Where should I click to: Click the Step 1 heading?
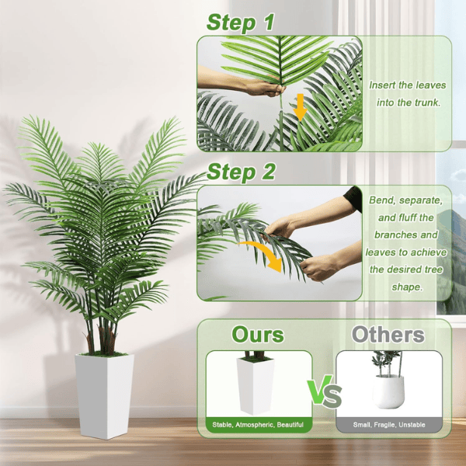click(x=240, y=23)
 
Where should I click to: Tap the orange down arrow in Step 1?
click(x=300, y=106)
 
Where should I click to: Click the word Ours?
click(x=258, y=335)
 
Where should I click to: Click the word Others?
click(x=388, y=335)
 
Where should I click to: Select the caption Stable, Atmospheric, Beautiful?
click(x=259, y=425)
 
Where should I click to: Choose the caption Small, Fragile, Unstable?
click(x=389, y=425)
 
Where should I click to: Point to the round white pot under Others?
click(x=388, y=391)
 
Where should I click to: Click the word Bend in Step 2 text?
click(x=384, y=200)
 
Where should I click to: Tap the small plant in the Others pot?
click(x=386, y=361)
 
